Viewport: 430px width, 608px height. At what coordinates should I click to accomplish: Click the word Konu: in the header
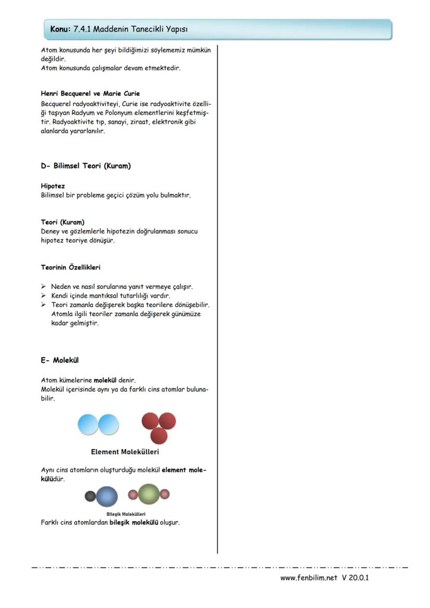coord(61,30)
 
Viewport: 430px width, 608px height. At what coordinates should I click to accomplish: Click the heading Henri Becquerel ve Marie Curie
coord(90,94)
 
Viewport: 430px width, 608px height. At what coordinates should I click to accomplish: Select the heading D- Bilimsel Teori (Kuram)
coord(86,166)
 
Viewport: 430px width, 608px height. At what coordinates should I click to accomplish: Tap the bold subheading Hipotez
coord(53,185)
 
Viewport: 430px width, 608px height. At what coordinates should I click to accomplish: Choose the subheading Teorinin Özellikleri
coord(71,267)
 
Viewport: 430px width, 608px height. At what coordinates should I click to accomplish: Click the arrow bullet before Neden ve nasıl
coord(44,287)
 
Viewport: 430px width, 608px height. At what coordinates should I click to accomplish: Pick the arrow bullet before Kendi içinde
coord(44,296)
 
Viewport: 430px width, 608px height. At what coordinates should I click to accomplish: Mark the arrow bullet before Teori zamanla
coord(44,305)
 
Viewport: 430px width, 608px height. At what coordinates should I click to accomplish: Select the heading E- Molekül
coord(60,360)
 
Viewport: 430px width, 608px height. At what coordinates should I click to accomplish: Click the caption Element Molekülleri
coord(125,452)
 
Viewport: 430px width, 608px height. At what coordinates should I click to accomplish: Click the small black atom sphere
coord(90,496)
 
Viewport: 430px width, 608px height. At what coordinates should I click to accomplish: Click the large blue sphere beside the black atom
coord(107,496)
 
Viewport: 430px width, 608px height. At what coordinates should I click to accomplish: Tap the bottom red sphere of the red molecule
coord(158,435)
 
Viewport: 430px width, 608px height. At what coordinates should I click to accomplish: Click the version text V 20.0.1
coord(355,578)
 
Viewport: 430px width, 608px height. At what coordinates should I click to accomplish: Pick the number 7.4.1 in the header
coord(83,30)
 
